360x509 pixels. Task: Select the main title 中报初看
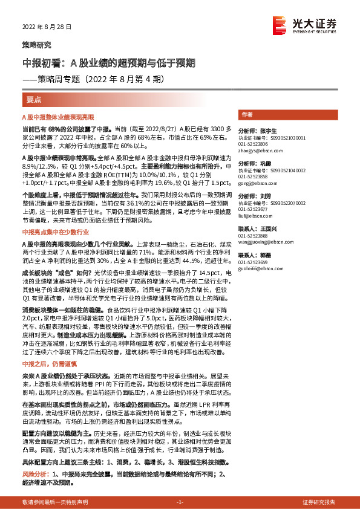109,63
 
